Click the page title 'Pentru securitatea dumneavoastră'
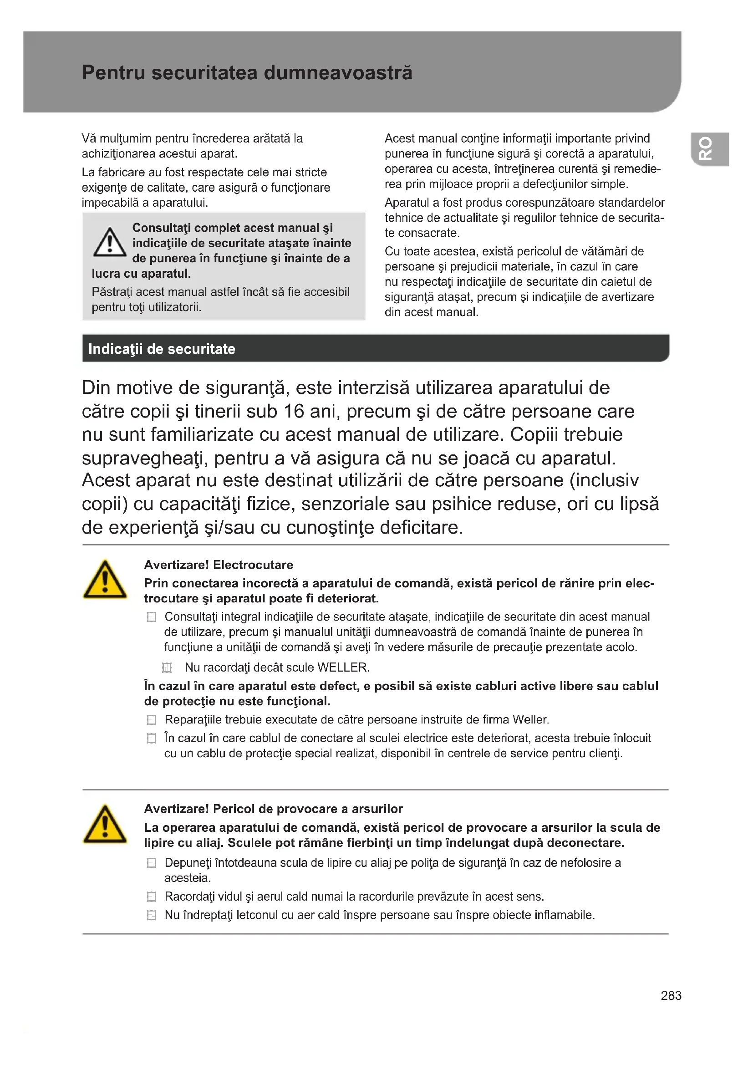(247, 73)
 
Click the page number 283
(671, 995)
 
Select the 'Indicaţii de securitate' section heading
(161, 349)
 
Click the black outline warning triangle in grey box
(109, 242)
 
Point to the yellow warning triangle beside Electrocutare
(105, 580)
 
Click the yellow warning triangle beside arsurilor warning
(105, 824)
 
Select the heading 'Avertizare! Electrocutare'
(219, 565)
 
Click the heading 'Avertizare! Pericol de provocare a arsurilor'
(273, 809)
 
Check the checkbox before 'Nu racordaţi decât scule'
(167, 668)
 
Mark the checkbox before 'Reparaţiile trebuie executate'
(151, 720)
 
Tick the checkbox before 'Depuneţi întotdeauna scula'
(151, 863)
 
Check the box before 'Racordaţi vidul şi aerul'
(151, 897)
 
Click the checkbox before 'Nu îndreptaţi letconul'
(151, 915)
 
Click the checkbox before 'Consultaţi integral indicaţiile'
(151, 617)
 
